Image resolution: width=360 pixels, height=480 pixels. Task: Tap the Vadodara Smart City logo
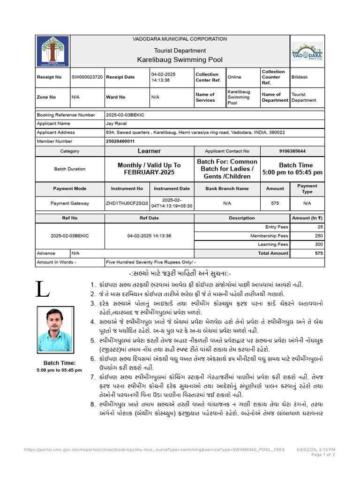click(x=307, y=51)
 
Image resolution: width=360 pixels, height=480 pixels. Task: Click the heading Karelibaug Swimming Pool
click(x=180, y=60)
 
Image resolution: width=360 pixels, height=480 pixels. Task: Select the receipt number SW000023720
click(x=87, y=77)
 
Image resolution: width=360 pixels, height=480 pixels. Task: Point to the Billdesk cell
click(x=300, y=77)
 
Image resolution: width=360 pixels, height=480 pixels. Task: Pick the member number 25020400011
click(x=120, y=141)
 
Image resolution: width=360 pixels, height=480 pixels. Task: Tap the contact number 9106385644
click(x=292, y=151)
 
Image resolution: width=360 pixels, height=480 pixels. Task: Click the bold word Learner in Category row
click(x=149, y=151)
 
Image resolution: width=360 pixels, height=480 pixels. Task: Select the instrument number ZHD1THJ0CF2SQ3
click(x=127, y=203)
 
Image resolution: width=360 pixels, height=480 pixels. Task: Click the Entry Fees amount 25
click(x=320, y=227)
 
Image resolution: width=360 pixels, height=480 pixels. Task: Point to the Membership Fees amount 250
click(x=319, y=236)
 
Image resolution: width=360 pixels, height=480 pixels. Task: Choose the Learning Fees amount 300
click(x=319, y=244)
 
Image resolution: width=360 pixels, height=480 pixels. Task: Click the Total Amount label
click(x=273, y=253)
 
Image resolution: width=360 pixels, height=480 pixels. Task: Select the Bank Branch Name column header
click(x=227, y=188)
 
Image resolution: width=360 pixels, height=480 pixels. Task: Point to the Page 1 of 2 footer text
click(x=323, y=455)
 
